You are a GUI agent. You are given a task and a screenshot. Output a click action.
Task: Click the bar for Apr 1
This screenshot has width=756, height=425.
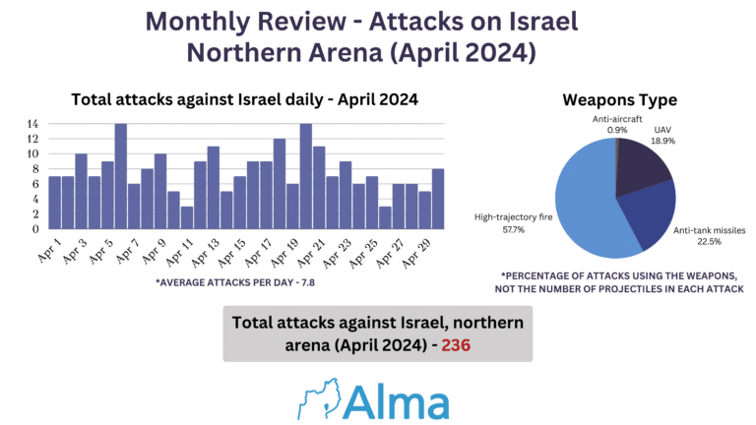coord(55,203)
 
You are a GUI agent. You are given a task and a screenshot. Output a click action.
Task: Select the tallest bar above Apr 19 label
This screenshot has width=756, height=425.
coord(305,176)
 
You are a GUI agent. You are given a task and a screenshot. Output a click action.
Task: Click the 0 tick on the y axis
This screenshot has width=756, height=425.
coord(35,229)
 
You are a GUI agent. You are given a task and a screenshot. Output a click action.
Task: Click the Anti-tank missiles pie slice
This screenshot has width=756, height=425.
coord(645,216)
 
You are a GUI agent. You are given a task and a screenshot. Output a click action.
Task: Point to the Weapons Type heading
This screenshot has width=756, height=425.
coord(619,100)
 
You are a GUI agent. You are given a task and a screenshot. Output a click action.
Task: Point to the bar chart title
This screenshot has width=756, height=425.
coord(244,99)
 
